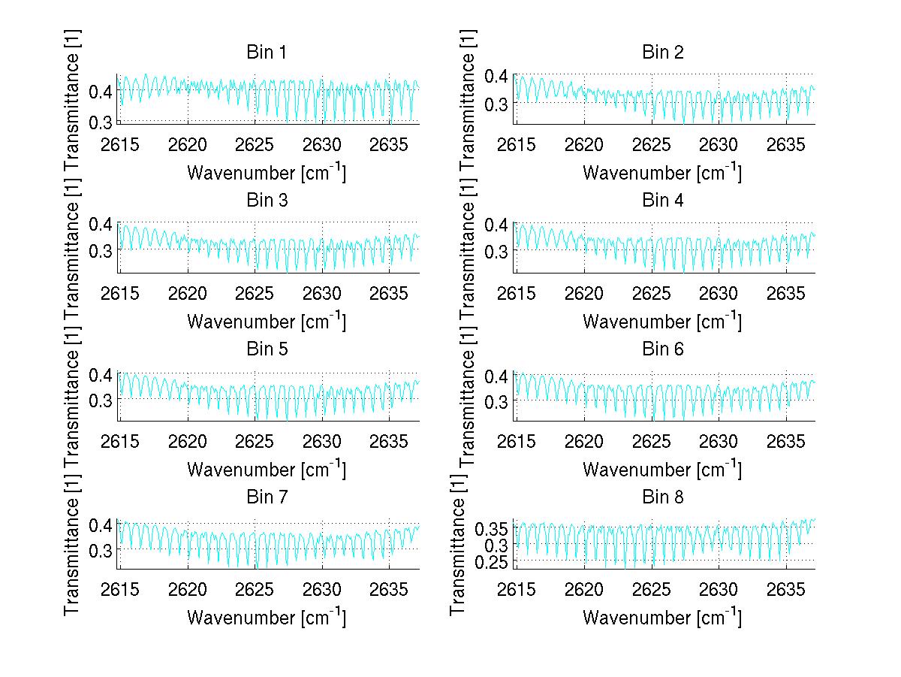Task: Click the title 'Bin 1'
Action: [x=266, y=53]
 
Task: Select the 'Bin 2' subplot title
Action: [x=662, y=53]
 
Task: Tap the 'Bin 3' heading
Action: [x=266, y=201]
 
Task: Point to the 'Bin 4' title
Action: [x=662, y=201]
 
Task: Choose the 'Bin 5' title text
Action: [x=266, y=349]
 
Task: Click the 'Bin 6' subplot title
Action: [x=662, y=349]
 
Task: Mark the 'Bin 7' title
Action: [x=266, y=497]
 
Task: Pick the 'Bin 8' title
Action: [x=662, y=497]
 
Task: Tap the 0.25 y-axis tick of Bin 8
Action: [x=493, y=561]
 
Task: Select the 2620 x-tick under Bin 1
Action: [x=188, y=144]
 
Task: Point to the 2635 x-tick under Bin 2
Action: [x=786, y=144]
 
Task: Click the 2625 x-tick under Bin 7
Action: [x=255, y=588]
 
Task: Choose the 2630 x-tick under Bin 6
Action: [x=719, y=440]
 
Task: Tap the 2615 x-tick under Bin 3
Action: [x=120, y=292]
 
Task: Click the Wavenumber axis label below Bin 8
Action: [x=661, y=618]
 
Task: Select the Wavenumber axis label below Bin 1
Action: [x=266, y=174]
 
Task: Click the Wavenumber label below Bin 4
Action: [x=661, y=322]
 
